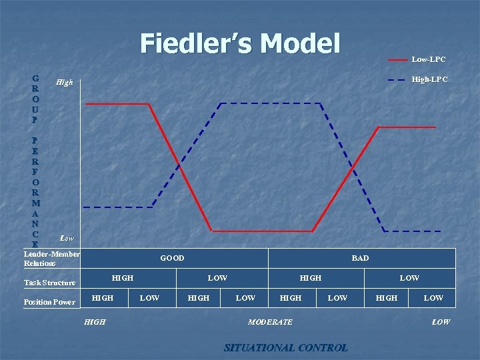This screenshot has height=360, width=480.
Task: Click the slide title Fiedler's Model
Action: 240,43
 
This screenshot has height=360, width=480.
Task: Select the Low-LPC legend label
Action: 429,60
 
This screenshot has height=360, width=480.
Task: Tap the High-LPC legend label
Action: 429,79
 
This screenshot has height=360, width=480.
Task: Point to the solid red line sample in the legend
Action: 397,60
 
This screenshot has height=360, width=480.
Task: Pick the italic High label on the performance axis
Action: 65,83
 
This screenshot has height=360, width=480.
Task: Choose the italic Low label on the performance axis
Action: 67,237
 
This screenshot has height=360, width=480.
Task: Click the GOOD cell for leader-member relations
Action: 172,258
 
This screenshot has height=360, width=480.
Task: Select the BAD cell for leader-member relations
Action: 360,258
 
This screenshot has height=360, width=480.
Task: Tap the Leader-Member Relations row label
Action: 51,259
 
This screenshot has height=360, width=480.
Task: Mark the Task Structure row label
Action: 49,283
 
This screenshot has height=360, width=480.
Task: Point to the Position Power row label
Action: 49,302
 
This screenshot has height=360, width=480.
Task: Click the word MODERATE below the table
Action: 270,322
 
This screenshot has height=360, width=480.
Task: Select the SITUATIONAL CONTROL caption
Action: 285,347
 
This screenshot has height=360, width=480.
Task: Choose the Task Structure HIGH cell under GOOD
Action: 123,277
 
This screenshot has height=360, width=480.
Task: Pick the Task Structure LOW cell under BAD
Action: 409,277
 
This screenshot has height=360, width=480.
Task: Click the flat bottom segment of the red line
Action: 261,231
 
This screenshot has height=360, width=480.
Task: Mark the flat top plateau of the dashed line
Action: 270,103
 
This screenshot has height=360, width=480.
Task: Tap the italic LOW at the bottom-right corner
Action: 441,322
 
